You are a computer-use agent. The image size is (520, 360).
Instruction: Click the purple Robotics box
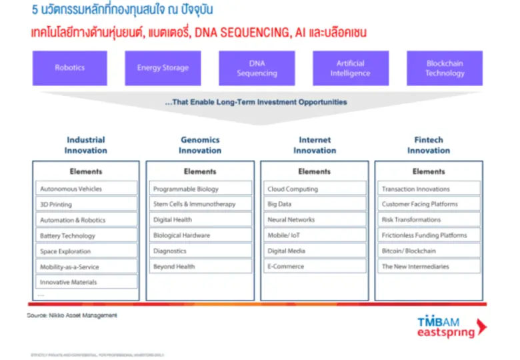point(69,68)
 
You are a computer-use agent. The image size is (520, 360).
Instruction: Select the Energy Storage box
point(163,68)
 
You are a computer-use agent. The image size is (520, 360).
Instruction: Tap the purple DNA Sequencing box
point(257,68)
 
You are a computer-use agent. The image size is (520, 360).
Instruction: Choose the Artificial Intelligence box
point(351,68)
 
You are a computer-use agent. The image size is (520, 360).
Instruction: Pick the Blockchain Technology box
point(445,68)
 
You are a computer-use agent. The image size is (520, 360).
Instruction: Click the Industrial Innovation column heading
point(85,145)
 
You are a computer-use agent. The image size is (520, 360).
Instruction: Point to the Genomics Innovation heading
point(200,145)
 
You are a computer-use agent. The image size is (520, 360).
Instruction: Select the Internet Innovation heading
point(315,145)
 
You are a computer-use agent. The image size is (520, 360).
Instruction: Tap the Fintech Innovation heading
point(428,145)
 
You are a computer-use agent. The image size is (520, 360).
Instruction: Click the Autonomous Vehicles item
point(86,189)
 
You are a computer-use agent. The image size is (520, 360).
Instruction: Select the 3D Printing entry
point(86,205)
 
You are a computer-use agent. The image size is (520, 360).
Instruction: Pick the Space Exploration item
point(86,251)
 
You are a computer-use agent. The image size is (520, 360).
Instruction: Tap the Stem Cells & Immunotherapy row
point(200,204)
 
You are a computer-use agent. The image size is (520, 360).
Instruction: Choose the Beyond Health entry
point(200,267)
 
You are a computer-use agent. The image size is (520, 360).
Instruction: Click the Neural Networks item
point(314,219)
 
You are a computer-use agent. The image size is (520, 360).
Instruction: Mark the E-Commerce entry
point(314,267)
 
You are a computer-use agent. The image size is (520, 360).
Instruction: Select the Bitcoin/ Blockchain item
point(428,251)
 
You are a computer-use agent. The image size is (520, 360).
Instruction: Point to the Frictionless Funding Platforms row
point(428,235)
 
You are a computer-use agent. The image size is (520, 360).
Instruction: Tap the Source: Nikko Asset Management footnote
point(71,315)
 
